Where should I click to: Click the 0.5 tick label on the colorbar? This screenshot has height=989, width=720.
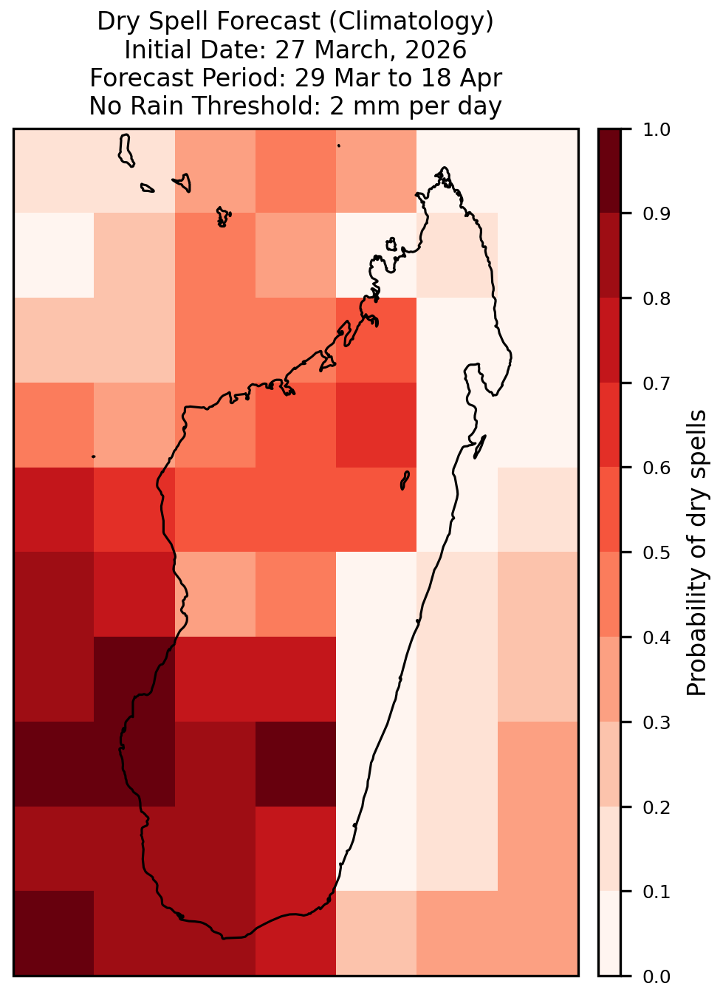point(656,552)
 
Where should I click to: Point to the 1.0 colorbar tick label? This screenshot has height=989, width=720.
point(656,130)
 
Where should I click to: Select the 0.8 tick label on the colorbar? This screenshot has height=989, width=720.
point(656,299)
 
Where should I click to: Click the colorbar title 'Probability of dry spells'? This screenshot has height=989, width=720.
point(696,552)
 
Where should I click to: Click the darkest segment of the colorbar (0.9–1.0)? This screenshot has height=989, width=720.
point(610,171)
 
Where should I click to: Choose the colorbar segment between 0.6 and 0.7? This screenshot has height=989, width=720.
point(610,425)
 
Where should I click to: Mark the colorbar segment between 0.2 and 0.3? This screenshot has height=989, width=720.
point(610,764)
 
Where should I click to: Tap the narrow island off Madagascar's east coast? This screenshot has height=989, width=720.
point(480,447)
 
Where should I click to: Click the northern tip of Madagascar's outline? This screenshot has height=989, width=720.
point(444,168)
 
